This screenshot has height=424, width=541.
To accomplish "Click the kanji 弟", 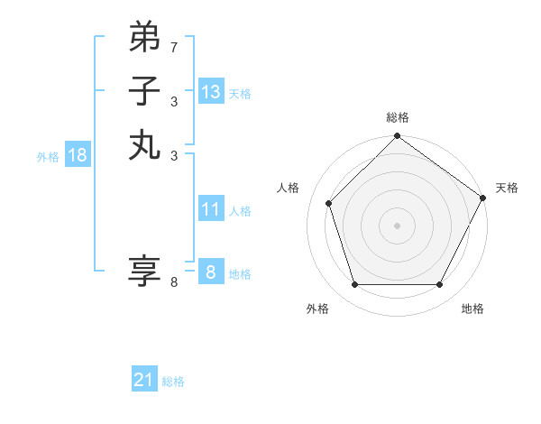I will tap(144, 38).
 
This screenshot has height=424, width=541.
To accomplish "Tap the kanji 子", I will tap(144, 91).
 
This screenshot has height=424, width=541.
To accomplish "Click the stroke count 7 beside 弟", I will tap(174, 47).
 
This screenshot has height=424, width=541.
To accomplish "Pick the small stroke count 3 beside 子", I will tap(174, 101).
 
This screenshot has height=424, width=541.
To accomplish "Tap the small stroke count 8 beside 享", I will tap(174, 282).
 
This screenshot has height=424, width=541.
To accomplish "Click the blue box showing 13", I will tap(211, 92).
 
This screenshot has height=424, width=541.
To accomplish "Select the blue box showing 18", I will tap(78, 155).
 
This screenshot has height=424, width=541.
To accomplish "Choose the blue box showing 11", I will tap(211, 209).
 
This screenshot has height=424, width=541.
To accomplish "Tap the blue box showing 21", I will tap(144, 380).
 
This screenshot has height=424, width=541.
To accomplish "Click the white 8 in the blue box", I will tap(211, 272).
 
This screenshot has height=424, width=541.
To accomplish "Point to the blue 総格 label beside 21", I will tap(173, 382).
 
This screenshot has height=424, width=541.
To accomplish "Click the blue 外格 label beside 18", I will tap(48, 157).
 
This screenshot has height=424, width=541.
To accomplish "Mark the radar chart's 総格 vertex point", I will tap(397, 137).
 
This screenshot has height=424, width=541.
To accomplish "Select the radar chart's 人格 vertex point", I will tap(329, 203).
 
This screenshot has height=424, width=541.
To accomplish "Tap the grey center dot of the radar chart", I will tap(397, 225).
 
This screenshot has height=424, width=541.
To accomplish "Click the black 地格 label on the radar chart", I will tap(472, 309).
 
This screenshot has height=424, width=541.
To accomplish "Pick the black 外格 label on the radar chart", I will tap(317, 309).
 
